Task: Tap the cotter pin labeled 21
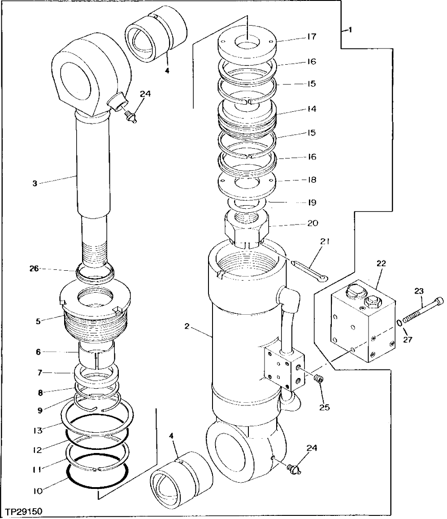point(310,271)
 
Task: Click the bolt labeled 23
point(421,311)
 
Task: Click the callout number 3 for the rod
point(35,183)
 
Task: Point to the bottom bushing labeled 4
point(182,478)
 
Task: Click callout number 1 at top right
point(349,31)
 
